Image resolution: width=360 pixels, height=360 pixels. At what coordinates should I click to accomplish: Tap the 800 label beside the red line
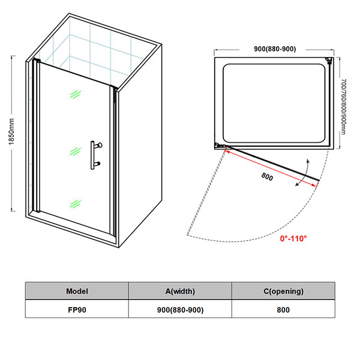[x=269, y=176]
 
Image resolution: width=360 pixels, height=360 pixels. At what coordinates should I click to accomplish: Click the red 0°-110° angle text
[x=293, y=238]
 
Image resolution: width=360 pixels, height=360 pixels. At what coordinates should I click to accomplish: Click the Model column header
[x=77, y=291]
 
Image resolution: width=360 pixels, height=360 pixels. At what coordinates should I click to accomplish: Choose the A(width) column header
[x=180, y=291]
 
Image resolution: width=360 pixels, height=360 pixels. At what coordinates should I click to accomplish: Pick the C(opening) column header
[x=283, y=291]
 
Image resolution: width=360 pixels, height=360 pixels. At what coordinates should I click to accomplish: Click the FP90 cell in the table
[x=77, y=310]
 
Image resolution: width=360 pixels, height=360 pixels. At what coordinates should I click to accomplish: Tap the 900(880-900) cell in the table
[x=180, y=310]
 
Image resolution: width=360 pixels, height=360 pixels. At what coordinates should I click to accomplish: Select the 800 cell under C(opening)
[x=283, y=310]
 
